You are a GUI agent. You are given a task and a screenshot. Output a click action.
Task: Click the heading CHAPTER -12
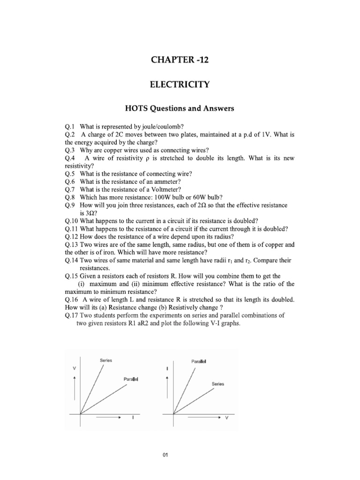point(180,60)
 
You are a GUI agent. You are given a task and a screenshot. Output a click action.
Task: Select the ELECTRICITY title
point(180,85)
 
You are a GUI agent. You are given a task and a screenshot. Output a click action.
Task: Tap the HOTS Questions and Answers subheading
point(180,109)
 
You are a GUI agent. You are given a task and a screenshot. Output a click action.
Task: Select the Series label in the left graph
point(106,360)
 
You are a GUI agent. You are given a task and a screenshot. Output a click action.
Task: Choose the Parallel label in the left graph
point(132,378)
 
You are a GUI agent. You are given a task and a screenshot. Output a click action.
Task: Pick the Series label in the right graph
point(218,384)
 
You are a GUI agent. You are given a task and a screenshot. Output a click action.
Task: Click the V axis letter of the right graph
point(227,419)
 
